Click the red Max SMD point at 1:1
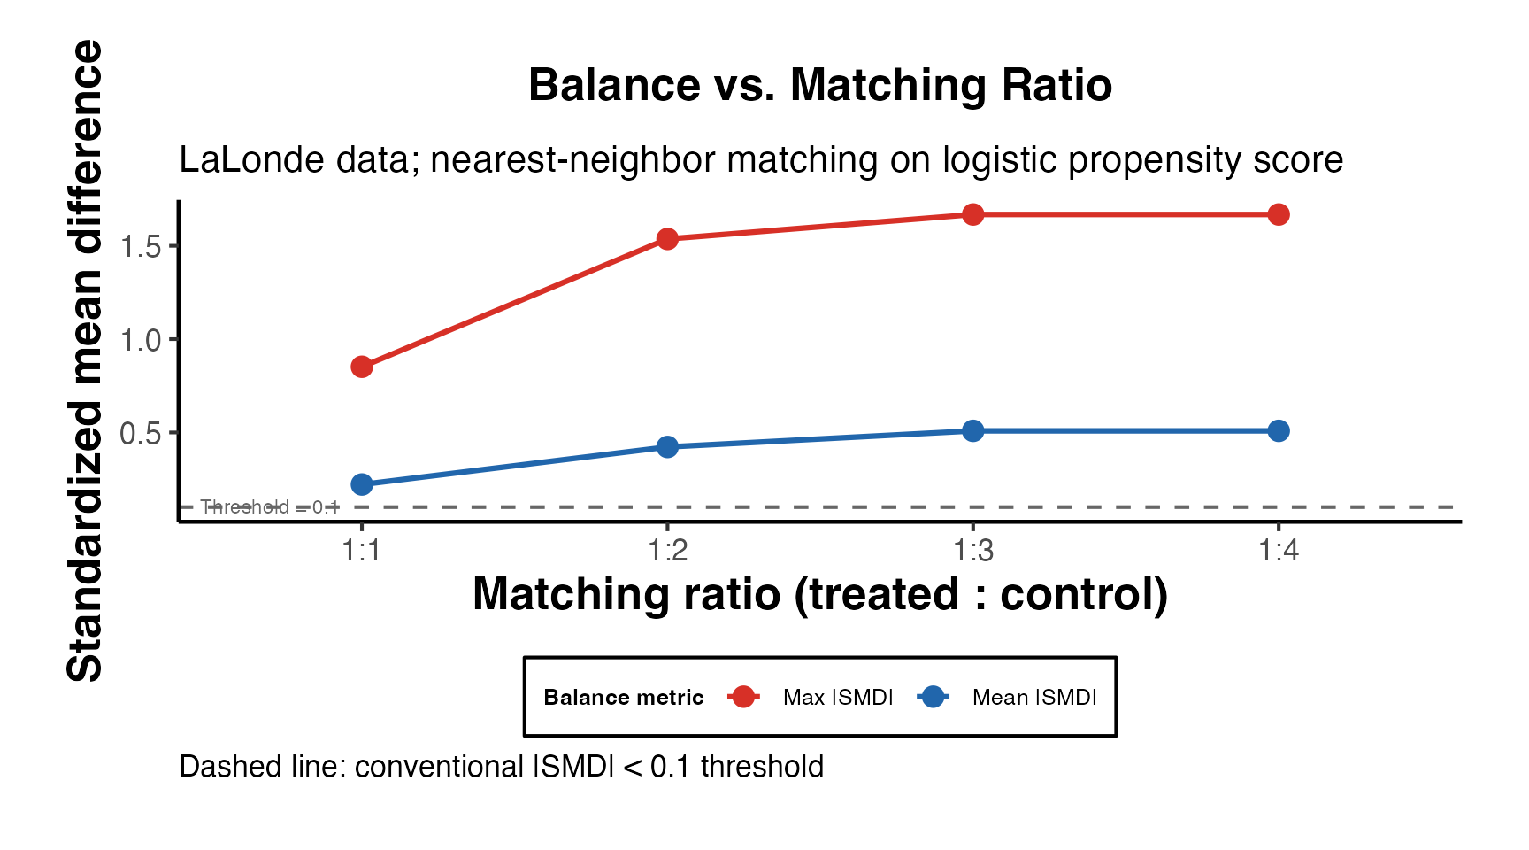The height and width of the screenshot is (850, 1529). point(361,367)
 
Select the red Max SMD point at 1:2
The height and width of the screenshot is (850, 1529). point(667,239)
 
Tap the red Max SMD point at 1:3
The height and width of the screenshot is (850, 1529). point(972,214)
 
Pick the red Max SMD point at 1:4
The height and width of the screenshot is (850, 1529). point(1278,214)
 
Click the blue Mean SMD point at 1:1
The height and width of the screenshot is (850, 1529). point(361,484)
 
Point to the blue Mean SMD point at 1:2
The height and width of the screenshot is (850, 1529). point(667,447)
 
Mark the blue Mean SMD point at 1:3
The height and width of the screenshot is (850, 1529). point(972,431)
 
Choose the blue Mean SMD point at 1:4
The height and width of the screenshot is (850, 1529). point(1278,431)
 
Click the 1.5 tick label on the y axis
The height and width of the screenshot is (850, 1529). point(141,246)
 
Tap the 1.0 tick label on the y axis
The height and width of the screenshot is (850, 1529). point(141,340)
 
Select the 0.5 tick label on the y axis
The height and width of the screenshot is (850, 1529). point(141,433)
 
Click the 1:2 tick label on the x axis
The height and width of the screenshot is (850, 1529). point(667,551)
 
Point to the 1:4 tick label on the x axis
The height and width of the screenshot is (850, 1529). point(1278,551)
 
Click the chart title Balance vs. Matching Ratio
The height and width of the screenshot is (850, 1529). point(819,86)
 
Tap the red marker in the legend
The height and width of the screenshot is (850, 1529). point(743,698)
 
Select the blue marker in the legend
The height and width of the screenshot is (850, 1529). point(933,698)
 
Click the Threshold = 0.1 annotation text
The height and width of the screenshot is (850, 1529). point(270,506)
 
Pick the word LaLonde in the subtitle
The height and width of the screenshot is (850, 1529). point(234,160)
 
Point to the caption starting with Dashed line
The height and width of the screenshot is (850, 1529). point(501,767)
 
